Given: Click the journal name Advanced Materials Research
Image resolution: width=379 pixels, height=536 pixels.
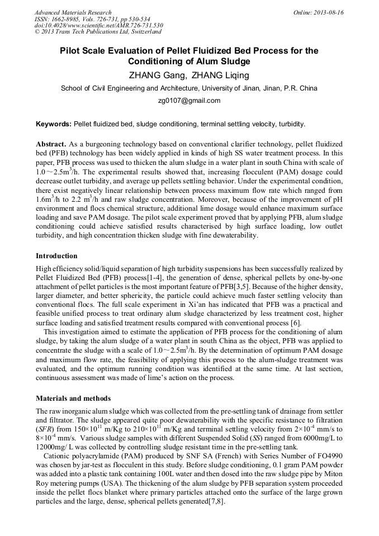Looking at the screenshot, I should pyautogui.click(x=73, y=12).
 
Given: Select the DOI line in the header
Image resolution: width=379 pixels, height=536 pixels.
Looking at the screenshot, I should pyautogui.click(x=98, y=25).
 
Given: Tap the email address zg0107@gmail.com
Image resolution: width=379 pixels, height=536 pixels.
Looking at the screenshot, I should pyautogui.click(x=190, y=101).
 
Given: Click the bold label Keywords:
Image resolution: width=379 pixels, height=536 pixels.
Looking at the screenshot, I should pyautogui.click(x=54, y=124).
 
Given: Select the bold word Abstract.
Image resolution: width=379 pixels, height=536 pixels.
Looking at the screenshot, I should pyautogui.click(x=52, y=144).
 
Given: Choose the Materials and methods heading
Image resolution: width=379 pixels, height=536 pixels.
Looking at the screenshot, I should pyautogui.click(x=73, y=399).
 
